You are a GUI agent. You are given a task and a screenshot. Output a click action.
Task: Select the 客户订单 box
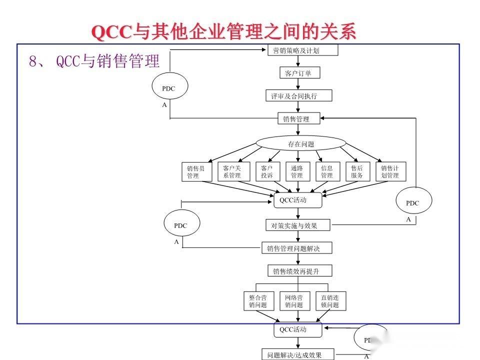298,73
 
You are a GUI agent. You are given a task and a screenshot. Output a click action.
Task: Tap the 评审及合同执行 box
298,95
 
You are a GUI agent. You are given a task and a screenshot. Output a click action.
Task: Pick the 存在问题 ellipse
301,144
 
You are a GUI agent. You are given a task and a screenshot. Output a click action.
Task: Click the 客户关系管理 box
232,172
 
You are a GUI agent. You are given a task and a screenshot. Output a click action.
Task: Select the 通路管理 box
297,172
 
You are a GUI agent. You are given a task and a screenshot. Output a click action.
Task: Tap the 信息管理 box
327,172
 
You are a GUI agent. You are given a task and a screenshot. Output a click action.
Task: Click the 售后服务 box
357,172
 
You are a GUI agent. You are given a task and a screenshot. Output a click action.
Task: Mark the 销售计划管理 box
390,172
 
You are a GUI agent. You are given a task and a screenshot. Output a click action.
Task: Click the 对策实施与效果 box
297,225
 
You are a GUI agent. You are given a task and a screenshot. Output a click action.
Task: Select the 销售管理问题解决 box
296,248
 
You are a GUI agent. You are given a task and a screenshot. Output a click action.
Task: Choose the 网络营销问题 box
294,301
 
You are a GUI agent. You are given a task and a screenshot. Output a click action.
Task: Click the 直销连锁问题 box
330,301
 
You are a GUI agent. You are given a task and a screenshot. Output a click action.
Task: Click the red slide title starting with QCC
224,32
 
